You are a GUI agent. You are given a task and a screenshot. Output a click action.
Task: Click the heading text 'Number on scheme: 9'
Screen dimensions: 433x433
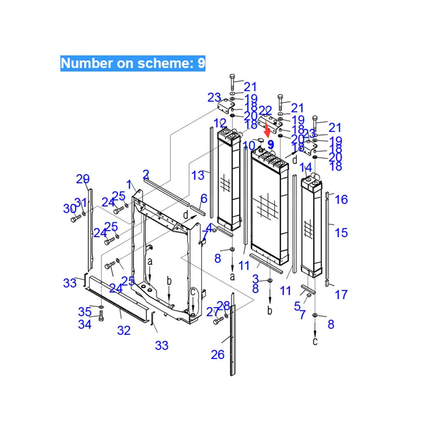pos(132,63)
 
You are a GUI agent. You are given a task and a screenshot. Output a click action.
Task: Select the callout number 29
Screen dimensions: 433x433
pos(83,179)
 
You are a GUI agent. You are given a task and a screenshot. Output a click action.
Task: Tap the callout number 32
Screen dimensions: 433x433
pos(124,331)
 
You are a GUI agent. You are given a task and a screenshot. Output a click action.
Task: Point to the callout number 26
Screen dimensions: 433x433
pos(217,355)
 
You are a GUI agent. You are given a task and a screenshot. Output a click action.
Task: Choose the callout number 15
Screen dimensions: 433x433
pos(341,233)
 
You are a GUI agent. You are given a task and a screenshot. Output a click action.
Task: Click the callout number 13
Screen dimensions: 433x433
pos(198,176)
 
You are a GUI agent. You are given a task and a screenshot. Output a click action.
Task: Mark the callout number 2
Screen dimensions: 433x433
pos(146,174)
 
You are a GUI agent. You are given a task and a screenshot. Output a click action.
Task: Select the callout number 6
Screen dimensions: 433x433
pos(204,198)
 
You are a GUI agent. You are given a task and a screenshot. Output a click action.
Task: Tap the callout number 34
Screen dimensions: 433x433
pos(85,324)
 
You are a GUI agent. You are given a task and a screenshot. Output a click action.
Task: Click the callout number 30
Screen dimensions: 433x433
pos(70,208)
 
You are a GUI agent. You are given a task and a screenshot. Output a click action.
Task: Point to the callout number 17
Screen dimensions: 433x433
pos(341,294)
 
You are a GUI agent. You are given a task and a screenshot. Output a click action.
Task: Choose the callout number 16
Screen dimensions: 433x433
pos(341,199)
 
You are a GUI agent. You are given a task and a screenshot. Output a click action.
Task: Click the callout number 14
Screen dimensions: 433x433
pos(306,168)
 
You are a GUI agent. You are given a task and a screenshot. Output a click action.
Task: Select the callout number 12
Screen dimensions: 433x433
pos(220,123)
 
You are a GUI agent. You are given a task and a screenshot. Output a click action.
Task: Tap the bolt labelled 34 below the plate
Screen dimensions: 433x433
pos(101,317)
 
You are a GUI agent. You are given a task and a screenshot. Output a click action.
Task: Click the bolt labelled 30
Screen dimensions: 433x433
pos(75,219)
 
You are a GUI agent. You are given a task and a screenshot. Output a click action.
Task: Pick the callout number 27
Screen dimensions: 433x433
pos(213,312)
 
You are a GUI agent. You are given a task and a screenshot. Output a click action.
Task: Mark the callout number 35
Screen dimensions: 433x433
pos(85,312)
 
